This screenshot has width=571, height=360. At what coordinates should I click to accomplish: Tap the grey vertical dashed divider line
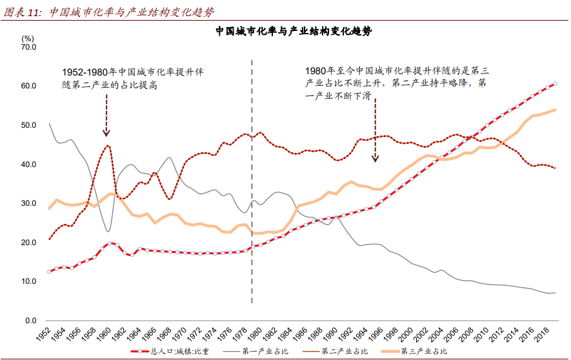pyautogui.click(x=252, y=194)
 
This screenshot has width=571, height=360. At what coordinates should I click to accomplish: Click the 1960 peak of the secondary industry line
pyautogui.click(x=108, y=146)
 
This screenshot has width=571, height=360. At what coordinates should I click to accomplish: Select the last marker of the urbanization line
pyautogui.click(x=555, y=84)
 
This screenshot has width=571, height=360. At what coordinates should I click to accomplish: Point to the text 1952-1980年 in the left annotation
pyautogui.click(x=88, y=72)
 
